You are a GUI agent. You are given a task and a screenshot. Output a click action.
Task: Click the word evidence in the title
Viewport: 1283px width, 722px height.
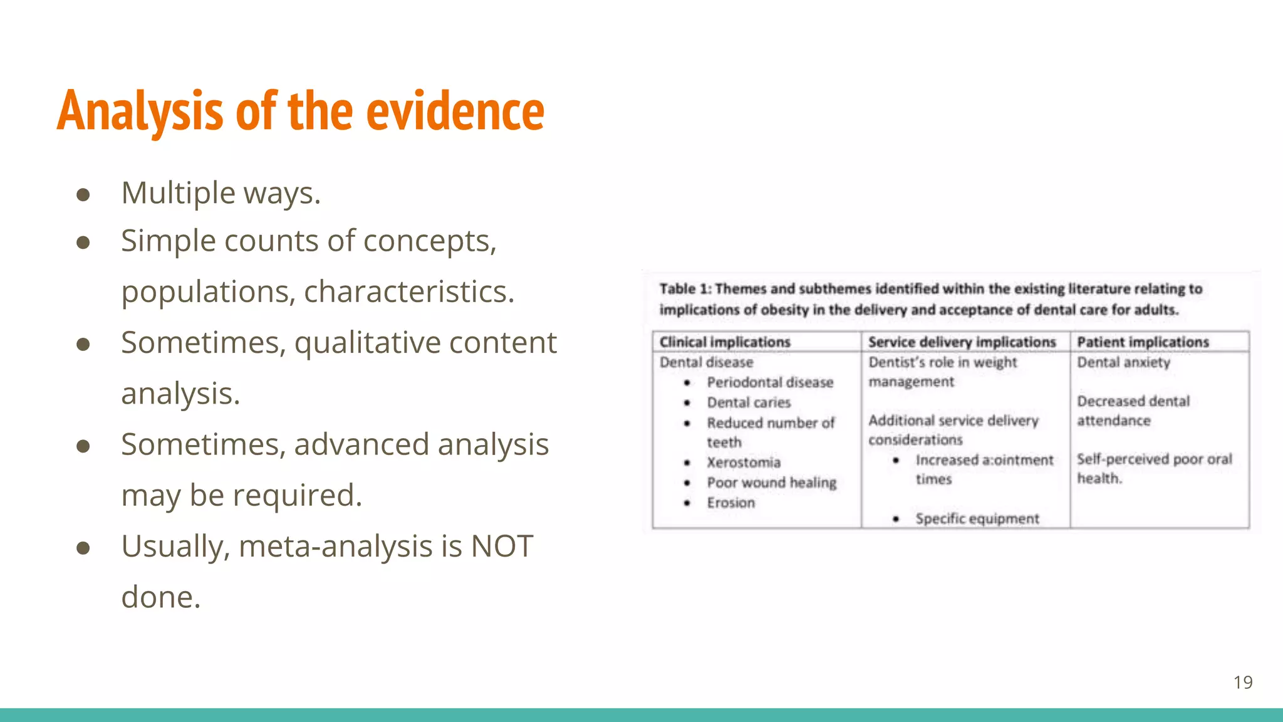(x=455, y=112)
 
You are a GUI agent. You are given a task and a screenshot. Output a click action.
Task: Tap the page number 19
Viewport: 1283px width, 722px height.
(x=1243, y=682)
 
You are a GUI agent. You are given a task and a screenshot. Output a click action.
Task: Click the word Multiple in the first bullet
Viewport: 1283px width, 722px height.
(x=179, y=192)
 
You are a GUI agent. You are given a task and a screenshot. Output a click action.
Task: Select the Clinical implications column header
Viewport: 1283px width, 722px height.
(x=725, y=342)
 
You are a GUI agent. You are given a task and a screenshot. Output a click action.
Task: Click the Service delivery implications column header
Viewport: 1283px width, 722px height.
(x=962, y=342)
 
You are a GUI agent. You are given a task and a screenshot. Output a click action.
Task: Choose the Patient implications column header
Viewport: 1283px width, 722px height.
(x=1143, y=342)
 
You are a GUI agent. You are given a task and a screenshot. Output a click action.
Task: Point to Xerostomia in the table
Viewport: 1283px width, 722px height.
(x=744, y=463)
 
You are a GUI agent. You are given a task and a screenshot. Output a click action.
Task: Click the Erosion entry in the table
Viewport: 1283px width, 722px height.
(x=730, y=503)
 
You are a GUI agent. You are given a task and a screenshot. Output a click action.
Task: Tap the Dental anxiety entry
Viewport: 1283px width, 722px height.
(x=1123, y=362)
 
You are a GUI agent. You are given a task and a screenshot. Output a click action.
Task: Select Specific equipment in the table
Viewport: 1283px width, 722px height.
(x=977, y=519)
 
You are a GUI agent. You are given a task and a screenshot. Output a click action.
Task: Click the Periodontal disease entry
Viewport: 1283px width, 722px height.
(x=770, y=382)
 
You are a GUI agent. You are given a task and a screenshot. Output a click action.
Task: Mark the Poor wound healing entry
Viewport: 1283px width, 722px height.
(x=771, y=483)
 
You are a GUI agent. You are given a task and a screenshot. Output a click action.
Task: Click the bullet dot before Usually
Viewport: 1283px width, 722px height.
(x=83, y=548)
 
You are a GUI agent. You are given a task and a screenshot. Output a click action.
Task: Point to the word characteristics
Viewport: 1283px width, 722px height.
(x=409, y=292)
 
